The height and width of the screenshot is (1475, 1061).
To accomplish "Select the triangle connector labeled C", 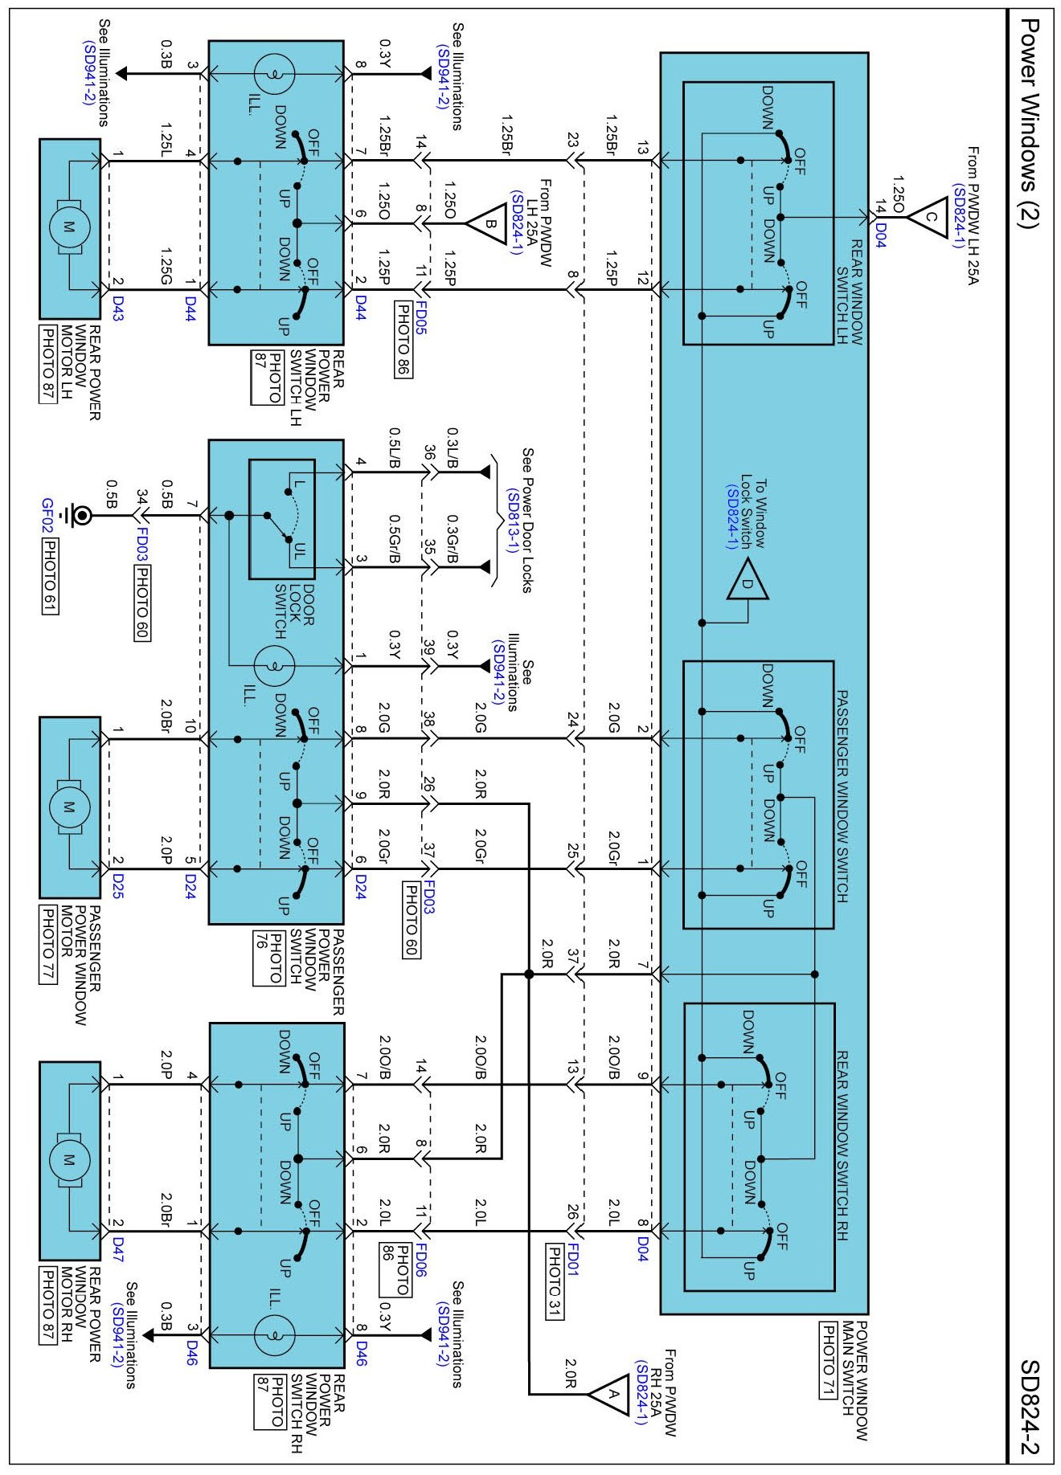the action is [x=929, y=217].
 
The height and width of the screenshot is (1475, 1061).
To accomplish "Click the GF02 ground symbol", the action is [x=80, y=513].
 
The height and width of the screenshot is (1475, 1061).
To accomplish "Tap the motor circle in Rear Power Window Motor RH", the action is [x=68, y=1159].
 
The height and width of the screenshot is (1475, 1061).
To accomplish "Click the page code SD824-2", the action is [x=1030, y=1407].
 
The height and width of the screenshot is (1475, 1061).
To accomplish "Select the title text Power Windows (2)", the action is [x=1030, y=124].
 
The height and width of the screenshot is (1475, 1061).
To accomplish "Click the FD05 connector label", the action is [x=420, y=319].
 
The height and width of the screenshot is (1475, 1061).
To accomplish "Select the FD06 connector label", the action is [x=420, y=1260].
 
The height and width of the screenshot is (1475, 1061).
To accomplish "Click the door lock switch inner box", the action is [x=282, y=519].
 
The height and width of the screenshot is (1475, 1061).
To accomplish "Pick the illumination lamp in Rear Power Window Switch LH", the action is [x=274, y=74].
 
